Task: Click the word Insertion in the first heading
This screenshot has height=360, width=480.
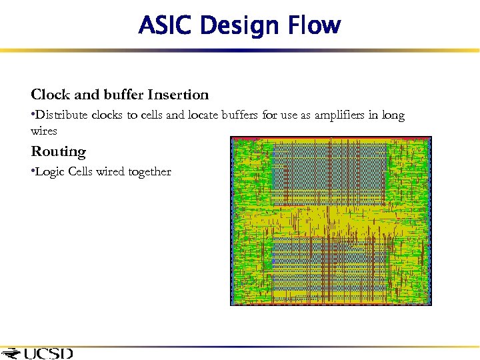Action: [x=176, y=95]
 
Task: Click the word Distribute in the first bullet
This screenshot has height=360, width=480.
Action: [x=61, y=115]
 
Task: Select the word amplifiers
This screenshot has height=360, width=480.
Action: [x=339, y=115]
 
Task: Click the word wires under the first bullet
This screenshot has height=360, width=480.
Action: [x=44, y=131]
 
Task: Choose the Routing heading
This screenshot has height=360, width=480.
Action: [x=59, y=152]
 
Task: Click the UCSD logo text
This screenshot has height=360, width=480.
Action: [x=49, y=353]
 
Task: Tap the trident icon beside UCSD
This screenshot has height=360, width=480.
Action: [x=11, y=353]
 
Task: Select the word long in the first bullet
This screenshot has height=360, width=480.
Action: [x=393, y=115]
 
